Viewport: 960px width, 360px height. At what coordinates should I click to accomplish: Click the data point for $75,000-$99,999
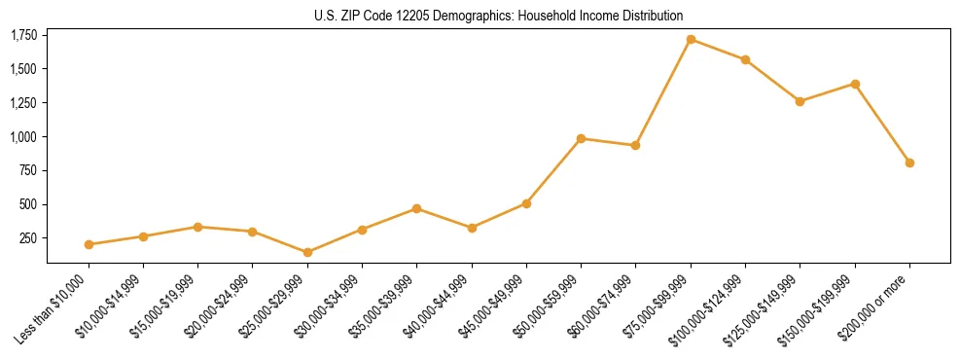(691, 39)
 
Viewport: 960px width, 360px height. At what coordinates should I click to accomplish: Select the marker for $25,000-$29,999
(307, 252)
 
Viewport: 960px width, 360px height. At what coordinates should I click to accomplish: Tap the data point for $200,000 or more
(909, 162)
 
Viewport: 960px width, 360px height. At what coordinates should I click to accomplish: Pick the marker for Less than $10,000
(89, 244)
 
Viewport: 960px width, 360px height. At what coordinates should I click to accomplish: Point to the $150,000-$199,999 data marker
(855, 84)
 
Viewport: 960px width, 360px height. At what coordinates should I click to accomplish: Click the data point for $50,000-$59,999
(581, 138)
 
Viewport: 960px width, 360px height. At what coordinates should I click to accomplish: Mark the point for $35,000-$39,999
(416, 208)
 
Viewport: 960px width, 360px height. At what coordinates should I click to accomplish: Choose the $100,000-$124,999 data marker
(745, 59)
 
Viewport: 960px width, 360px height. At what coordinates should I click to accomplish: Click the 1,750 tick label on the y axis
(23, 36)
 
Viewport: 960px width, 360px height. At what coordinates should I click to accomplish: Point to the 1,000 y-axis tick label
(23, 137)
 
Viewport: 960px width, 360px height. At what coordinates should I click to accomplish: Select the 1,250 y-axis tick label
(23, 103)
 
